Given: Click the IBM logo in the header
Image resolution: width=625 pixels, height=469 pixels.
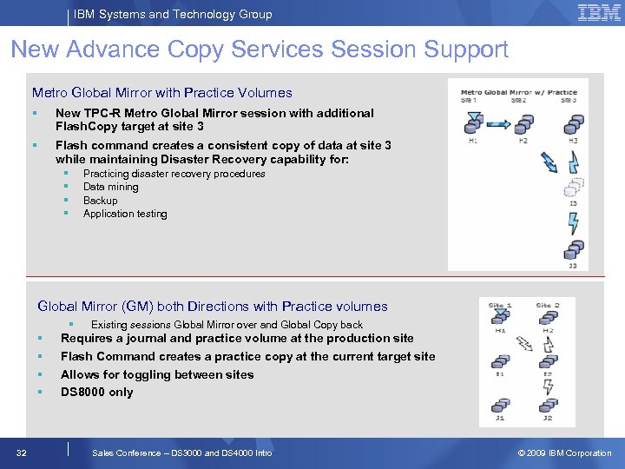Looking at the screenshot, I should click(598, 14).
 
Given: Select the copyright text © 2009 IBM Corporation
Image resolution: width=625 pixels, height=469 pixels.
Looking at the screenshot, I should click(564, 452).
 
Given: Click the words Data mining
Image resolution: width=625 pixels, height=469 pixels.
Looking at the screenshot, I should click(110, 187).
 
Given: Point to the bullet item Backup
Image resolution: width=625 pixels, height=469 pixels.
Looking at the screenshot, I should click(100, 201).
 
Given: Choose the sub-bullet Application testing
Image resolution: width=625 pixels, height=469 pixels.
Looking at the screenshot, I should click(125, 214).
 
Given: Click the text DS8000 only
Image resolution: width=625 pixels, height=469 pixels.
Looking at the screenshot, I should click(96, 392).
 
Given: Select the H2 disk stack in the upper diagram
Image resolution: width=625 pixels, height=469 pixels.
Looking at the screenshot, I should click(523, 125).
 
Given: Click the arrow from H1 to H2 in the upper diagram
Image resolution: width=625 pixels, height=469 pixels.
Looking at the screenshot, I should click(497, 125).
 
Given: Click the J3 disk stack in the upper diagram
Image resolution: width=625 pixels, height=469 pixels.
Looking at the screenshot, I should click(572, 250).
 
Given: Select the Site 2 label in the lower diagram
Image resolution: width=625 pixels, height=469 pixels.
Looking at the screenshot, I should click(548, 306).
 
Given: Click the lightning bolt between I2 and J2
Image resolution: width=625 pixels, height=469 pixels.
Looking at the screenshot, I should click(548, 384).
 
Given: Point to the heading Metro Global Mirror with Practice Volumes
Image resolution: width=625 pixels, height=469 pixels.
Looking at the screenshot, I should click(162, 92).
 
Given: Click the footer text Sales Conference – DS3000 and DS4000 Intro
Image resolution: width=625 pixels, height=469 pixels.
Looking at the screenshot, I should click(181, 452).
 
